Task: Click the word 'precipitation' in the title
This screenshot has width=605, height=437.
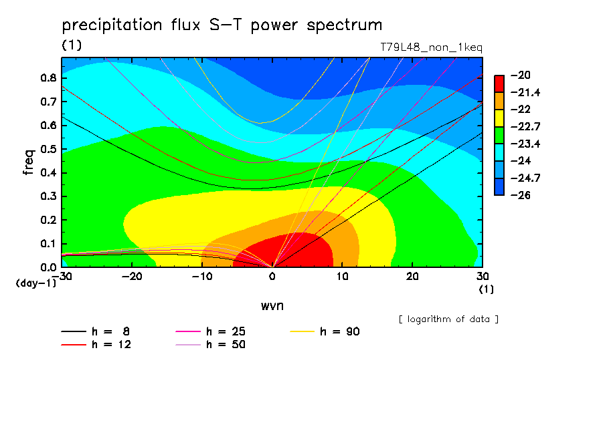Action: pos(112,25)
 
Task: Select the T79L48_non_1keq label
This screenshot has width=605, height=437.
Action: pos(432,47)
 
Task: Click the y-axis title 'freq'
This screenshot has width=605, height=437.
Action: pos(29,162)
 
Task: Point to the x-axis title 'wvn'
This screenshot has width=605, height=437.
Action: pos(272,306)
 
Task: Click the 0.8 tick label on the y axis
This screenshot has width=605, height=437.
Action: pos(49,78)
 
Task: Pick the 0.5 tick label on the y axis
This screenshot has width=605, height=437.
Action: pos(49,149)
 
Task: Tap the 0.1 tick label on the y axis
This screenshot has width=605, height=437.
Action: pos(49,244)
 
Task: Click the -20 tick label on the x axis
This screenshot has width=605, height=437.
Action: pos(132,277)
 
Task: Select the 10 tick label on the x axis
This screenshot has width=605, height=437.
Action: pos(342,277)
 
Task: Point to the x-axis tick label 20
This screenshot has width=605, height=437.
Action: pos(412,277)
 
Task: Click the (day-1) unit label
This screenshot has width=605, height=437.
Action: pos(36,283)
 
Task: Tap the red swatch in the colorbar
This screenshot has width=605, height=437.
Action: pos(499,84)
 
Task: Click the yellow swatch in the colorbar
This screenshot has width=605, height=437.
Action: pos(499,118)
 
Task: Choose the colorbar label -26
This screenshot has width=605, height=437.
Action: pos(521,195)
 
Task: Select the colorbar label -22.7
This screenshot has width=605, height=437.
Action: pos(525,127)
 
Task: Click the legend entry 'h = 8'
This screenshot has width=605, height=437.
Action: pos(95,331)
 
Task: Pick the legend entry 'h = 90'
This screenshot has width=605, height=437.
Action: pos(325,331)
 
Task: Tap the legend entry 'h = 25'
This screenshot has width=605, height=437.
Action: pos(210,331)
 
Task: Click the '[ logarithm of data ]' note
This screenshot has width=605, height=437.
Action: pos(449,319)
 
